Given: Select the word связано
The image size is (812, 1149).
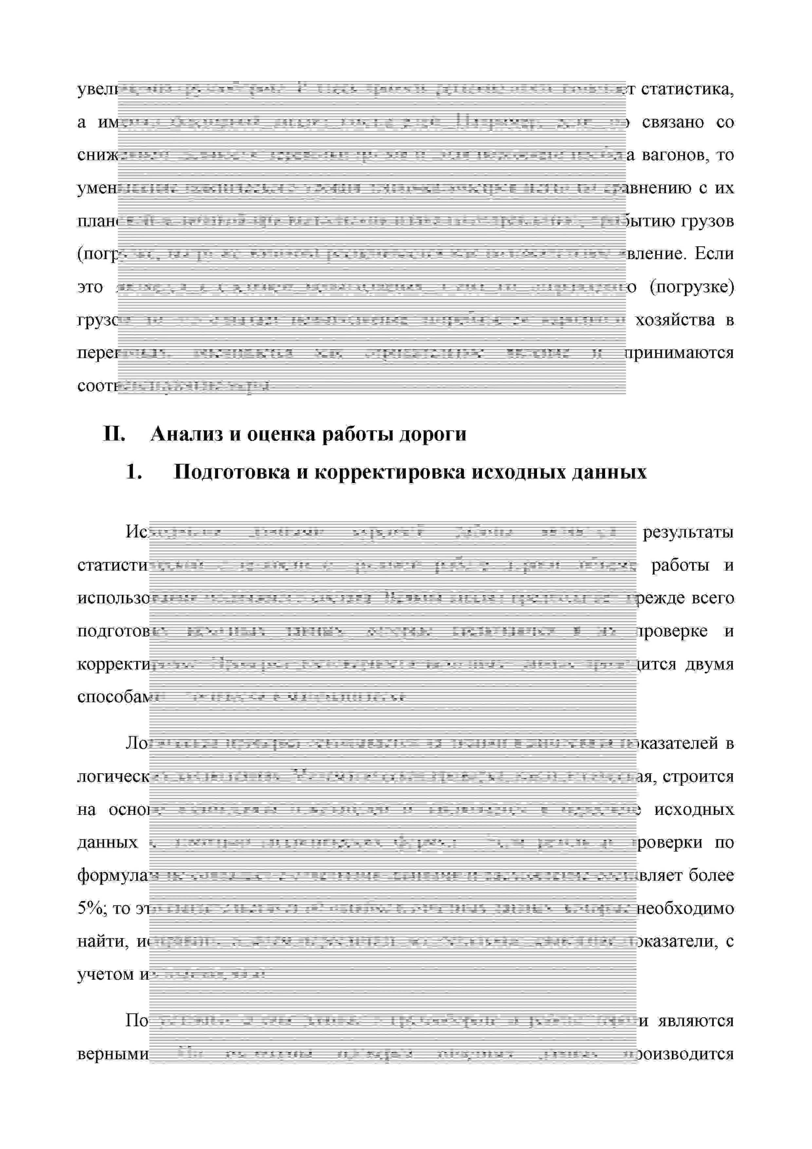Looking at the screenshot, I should (x=673, y=122).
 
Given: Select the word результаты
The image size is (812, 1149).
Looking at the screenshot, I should (x=688, y=532).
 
